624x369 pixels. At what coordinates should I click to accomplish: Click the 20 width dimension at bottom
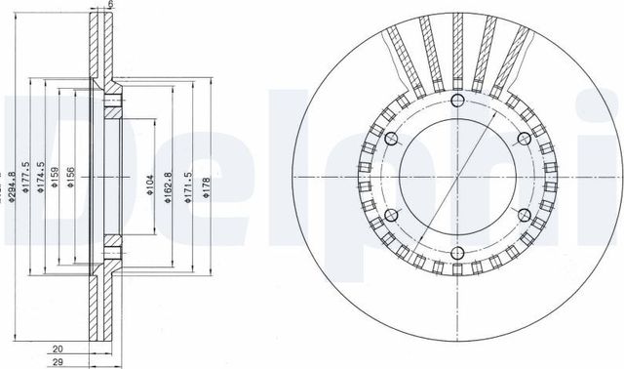tap(58, 347)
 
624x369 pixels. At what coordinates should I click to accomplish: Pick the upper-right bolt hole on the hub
tap(524, 138)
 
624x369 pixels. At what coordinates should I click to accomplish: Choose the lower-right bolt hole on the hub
tap(524, 215)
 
